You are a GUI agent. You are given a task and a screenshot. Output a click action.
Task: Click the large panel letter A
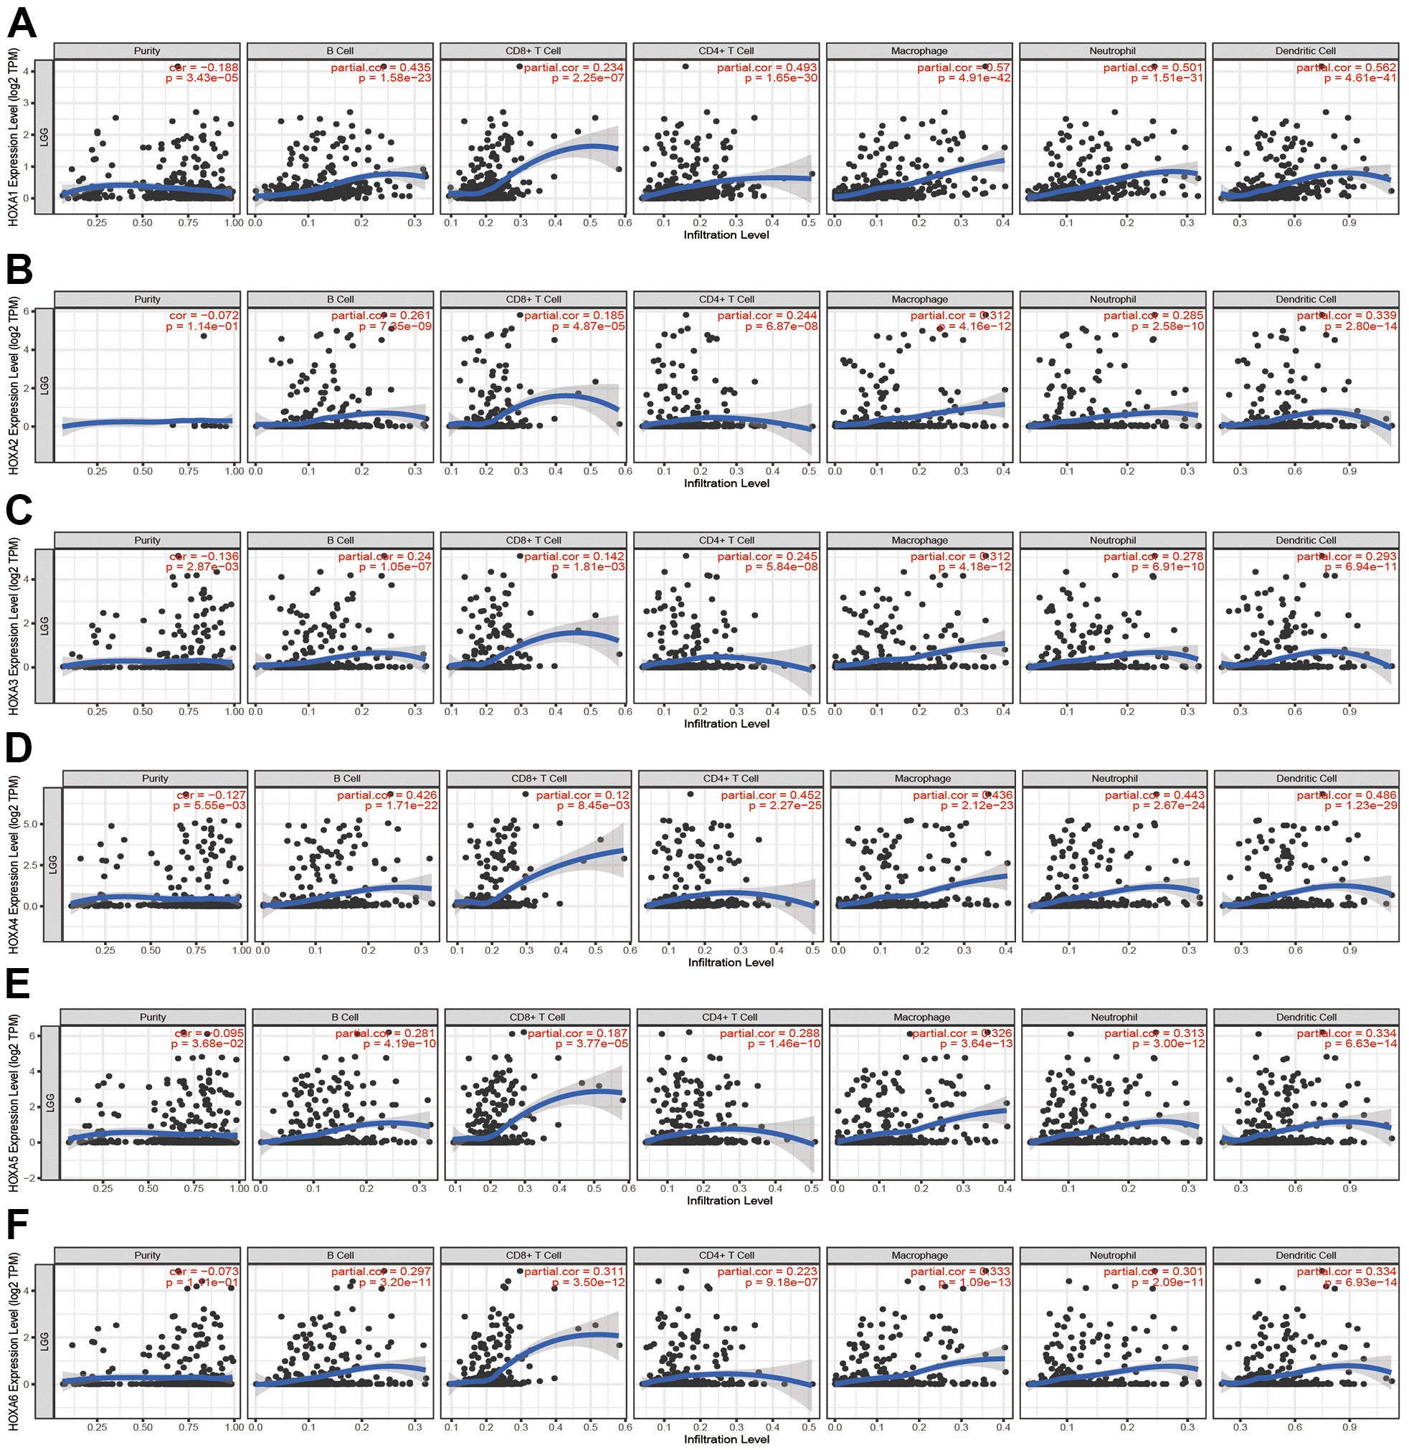22,24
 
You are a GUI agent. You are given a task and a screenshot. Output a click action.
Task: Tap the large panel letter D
19,747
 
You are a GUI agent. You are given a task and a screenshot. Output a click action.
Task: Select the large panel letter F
17,1225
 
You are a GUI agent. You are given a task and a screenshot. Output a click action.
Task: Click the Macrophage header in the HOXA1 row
919,51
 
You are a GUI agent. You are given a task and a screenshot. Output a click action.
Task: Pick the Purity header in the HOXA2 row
147,299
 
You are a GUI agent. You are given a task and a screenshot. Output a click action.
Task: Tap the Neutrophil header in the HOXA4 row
1114,778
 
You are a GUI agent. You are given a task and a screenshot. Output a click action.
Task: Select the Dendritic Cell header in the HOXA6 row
1306,1256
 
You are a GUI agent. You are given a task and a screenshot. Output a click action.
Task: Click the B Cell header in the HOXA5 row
345,1017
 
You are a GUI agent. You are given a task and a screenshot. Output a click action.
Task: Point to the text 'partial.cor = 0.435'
380,67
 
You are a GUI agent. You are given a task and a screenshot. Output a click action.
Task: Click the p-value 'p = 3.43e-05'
202,77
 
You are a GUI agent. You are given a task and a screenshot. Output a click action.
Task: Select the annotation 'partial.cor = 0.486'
1346,795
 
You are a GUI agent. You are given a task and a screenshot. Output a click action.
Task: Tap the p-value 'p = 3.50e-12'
587,1282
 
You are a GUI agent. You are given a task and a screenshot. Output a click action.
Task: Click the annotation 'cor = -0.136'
204,556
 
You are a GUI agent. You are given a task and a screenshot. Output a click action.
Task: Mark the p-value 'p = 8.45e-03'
593,805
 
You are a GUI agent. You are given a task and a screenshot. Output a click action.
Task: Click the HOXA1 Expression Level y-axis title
14,137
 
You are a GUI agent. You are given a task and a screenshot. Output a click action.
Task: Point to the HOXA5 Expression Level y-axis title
14,1102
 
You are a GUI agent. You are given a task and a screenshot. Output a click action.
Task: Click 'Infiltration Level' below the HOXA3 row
726,723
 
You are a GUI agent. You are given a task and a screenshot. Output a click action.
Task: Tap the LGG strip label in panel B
44,385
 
